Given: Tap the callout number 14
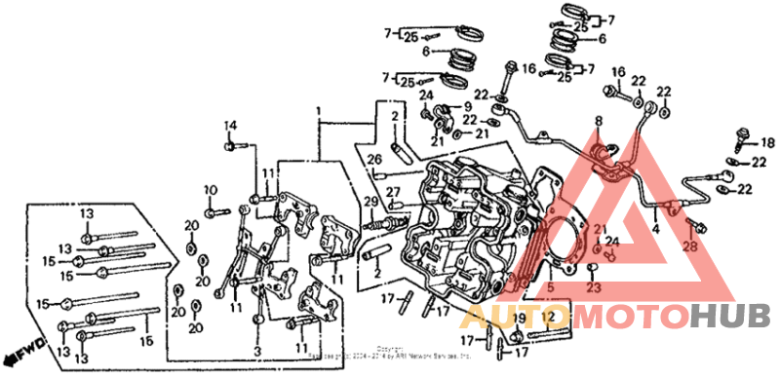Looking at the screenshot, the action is coord(231,125).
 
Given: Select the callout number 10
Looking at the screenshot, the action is coord(209,189).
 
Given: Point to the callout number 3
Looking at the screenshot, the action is coord(258,350).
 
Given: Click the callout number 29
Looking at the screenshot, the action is coord(370,202).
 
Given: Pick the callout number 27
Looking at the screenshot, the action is coord(394,191).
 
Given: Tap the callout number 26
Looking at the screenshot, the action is coord(374,159).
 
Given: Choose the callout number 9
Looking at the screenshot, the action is coord(466,105).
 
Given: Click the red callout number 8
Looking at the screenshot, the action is coord(600,122).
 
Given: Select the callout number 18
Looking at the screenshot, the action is coord(767,142).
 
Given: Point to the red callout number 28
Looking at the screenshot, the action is coord(690,246).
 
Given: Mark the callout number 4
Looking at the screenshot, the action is coord(656,229).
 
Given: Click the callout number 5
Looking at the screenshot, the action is coord(548,287).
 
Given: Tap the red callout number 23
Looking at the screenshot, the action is coord(593,288).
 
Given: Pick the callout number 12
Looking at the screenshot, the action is coord(549,318).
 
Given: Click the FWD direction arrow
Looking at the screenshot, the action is coord(17,346).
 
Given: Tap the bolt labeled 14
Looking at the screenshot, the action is coord(232,146).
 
